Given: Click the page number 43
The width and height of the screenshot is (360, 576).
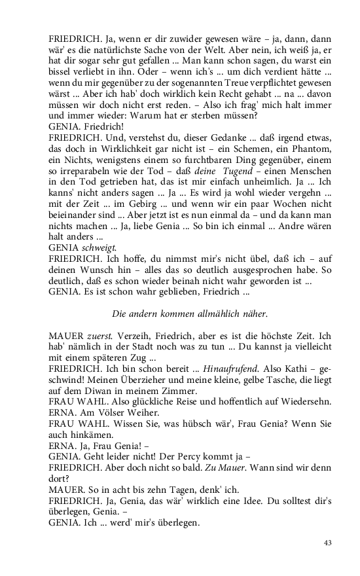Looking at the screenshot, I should point(329,543).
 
